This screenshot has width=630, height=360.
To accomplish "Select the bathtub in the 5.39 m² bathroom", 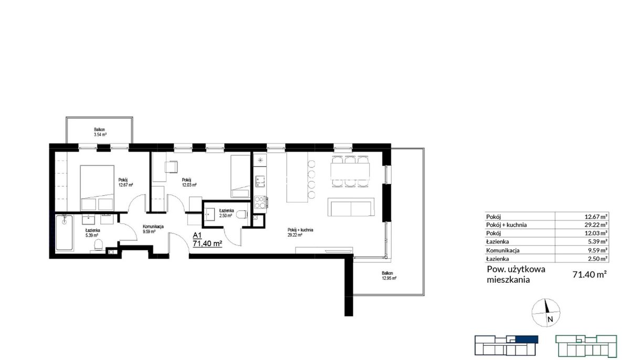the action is click(64, 232).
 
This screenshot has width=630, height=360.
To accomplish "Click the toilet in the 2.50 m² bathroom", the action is click(242, 215).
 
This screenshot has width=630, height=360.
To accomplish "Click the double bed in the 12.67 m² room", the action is click(97, 188).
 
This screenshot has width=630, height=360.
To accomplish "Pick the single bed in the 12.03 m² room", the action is click(240, 176).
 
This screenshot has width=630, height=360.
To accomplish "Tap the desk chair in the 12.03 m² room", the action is click(171, 166).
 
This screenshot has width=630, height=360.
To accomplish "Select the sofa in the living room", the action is click(351, 207).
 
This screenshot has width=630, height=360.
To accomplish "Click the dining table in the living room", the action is click(350, 171).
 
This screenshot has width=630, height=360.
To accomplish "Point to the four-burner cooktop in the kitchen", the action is click(260, 203).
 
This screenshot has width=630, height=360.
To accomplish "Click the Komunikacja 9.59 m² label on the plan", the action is click(153, 229).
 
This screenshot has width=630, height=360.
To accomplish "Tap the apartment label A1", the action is click(197, 235).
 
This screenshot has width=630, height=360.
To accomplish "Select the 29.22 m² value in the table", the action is click(596, 225).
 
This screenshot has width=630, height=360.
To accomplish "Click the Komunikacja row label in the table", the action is click(503, 250).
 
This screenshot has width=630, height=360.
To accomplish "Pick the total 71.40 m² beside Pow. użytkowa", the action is click(590, 274).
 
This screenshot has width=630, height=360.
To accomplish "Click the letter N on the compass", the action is click(550, 319).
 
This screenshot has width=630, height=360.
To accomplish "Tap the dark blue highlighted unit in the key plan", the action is click(527, 339).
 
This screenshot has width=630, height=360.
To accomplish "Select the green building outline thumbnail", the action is click(586, 346).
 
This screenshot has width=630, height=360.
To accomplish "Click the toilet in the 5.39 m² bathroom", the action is click(98, 245).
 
